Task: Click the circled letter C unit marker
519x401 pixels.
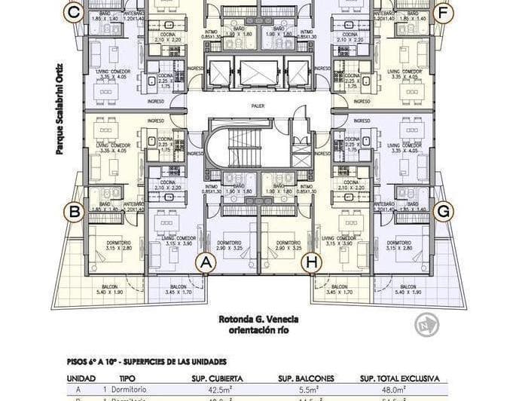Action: coord(73,12)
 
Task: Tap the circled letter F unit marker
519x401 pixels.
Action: coord(444,12)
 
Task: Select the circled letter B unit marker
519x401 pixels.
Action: coord(74,212)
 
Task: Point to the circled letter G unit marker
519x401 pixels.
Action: coord(444,212)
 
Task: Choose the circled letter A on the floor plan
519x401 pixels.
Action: coord(206,262)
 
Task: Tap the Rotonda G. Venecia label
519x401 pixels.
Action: coord(258,318)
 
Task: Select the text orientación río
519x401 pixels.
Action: coord(258,329)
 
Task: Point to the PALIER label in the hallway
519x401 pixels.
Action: coord(258,106)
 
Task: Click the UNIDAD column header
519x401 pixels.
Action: coord(81,378)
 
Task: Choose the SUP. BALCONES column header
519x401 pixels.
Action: coord(307,378)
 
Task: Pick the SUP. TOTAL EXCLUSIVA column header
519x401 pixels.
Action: coord(399,378)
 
